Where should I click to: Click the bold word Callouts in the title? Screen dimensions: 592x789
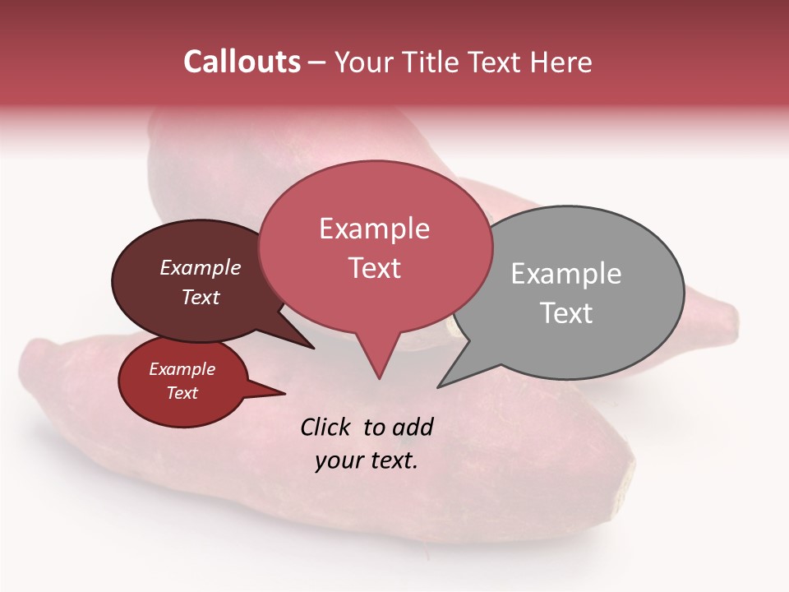pos(242,62)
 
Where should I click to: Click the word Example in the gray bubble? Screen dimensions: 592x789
pos(565,274)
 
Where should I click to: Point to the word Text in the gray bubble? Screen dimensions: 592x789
pos(565,313)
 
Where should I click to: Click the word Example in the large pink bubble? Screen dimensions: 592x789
pos(374,229)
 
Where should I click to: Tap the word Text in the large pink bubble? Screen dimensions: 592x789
pos(374,268)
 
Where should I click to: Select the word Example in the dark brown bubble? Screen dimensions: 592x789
pos(200,267)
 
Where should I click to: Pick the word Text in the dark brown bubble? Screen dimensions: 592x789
pos(200,297)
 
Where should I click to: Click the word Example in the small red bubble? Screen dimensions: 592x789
pos(182,369)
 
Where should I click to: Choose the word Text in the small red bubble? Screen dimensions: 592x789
pos(182,393)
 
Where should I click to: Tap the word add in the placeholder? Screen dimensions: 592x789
pos(413,427)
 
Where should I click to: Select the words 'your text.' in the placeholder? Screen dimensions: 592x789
pos(366,460)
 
